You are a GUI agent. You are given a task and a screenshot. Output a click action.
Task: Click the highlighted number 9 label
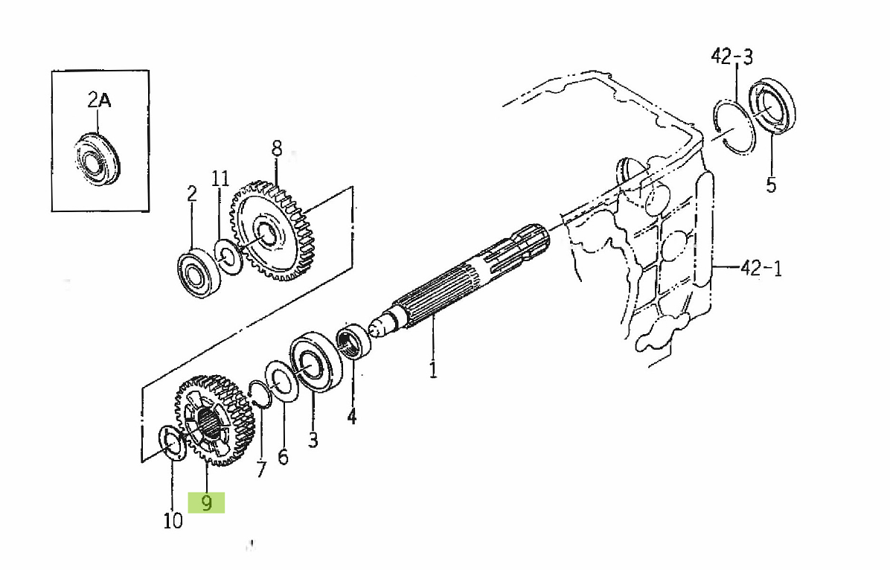[x=206, y=503]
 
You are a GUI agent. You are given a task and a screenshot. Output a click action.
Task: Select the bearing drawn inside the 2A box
[x=97, y=159]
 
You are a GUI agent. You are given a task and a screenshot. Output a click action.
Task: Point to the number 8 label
[x=277, y=149]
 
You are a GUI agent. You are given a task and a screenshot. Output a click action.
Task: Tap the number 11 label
[x=220, y=179]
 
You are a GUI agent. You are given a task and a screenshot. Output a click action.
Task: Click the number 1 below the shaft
[x=433, y=370]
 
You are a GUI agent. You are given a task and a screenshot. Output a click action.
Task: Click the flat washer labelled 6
[x=281, y=380]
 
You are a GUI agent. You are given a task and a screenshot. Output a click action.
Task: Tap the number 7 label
[x=260, y=470]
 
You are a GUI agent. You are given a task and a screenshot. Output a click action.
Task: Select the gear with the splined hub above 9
[x=215, y=420]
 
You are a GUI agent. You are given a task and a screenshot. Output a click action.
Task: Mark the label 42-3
[x=731, y=57]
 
